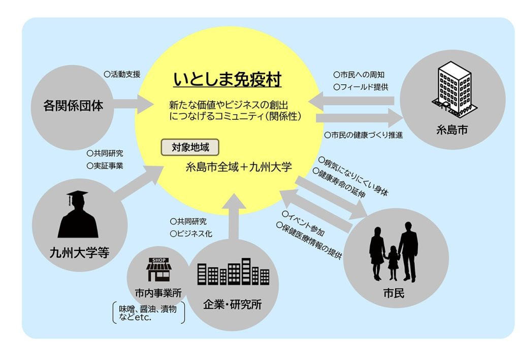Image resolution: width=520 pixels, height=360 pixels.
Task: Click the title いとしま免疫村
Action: pyautogui.click(x=227, y=79)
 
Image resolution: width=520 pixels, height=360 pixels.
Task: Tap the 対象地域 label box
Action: pyautogui.click(x=190, y=147)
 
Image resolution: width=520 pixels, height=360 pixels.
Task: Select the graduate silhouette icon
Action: pyautogui.click(x=78, y=214)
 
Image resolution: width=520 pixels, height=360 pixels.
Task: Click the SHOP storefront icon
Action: pyautogui.click(x=159, y=270)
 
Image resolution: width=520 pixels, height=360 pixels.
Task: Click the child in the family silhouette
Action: pyautogui.click(x=393, y=262)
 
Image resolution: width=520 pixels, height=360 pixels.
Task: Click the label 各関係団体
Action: pyautogui.click(x=73, y=106)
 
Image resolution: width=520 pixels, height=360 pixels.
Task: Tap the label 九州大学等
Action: pyautogui.click(x=79, y=252)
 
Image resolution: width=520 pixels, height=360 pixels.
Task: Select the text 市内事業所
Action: pyautogui.click(x=158, y=293)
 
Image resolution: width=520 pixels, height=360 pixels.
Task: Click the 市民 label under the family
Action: pyautogui.click(x=394, y=293)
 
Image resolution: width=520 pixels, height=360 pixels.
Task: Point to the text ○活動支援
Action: pyautogui.click(x=122, y=74)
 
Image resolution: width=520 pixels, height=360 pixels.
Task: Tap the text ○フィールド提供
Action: pyautogui.click(x=361, y=87)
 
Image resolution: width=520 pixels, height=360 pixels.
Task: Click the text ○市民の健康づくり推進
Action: pyautogui.click(x=364, y=135)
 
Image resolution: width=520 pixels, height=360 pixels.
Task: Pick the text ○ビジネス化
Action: pyautogui.click(x=191, y=234)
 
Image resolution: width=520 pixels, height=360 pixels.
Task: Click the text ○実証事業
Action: pyautogui.click(x=105, y=166)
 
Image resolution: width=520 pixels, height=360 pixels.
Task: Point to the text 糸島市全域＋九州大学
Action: pyautogui.click(x=239, y=167)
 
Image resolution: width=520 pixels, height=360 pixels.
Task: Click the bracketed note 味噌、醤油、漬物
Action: pyautogui.click(x=148, y=309)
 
